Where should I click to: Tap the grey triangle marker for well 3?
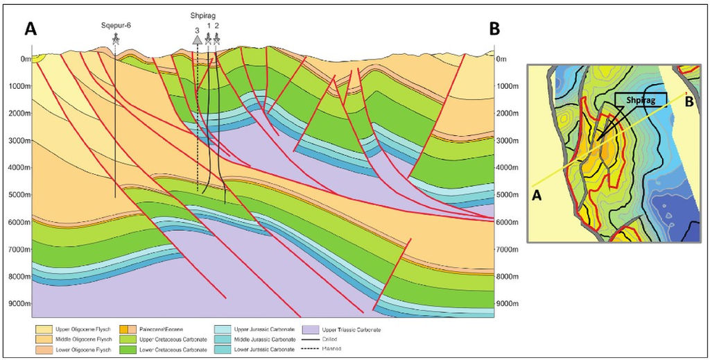click(198, 41)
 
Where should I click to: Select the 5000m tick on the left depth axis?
click(21, 195)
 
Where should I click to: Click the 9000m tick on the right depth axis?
click(509, 304)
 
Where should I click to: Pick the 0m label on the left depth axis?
click(26, 59)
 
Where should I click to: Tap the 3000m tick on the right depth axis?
click(509, 141)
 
